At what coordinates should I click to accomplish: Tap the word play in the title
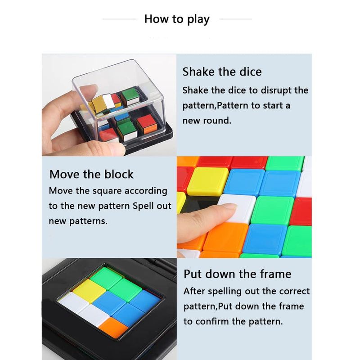coord(198,19)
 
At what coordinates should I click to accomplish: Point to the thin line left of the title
coord(120,19)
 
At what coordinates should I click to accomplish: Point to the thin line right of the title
coord(236,19)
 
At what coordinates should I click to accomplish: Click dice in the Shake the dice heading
coord(251,72)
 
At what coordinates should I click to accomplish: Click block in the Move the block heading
coord(119,174)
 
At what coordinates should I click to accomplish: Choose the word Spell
coord(143,206)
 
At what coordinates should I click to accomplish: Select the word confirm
coord(213,321)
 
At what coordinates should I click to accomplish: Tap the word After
coord(194,291)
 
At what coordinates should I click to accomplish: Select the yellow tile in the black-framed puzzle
coord(89,290)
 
